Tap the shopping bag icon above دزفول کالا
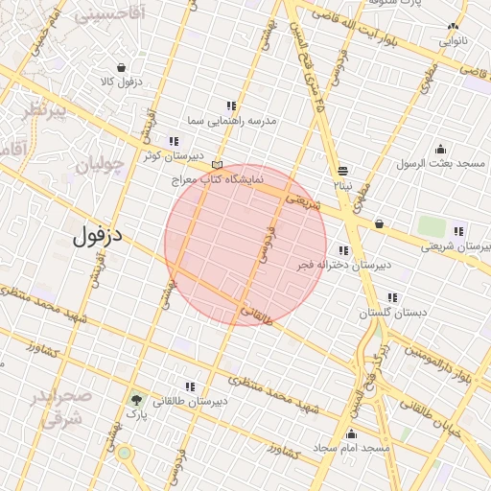[121, 67]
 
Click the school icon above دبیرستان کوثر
[174, 141]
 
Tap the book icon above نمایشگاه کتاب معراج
[219, 164]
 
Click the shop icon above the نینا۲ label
[343, 168]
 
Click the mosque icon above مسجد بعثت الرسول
[440, 149]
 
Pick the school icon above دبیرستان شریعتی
[458, 229]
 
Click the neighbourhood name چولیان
[100, 165]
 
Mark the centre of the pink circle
[245, 245]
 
